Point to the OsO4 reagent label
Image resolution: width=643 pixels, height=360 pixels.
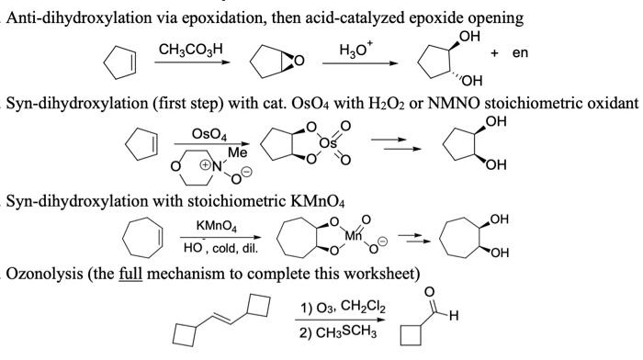pos(209,134)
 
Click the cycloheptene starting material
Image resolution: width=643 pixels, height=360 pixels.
pos(141,242)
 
